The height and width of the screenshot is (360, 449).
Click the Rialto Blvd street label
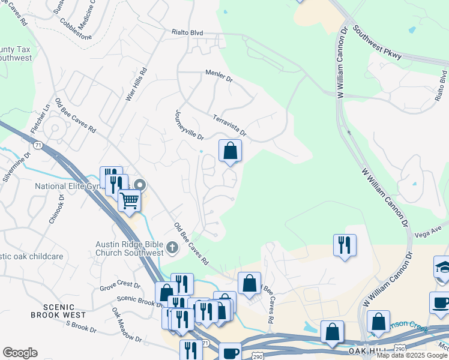click(187, 32)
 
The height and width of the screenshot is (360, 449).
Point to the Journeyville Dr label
click(188, 125)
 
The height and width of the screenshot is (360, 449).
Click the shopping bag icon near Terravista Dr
click(230, 152)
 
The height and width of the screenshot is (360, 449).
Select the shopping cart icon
click(129, 202)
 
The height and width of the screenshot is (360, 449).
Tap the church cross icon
click(172, 247)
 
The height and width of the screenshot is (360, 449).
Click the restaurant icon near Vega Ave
click(345, 245)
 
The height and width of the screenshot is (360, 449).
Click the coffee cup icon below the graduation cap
click(440, 302)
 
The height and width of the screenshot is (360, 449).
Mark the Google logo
click(20, 353)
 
